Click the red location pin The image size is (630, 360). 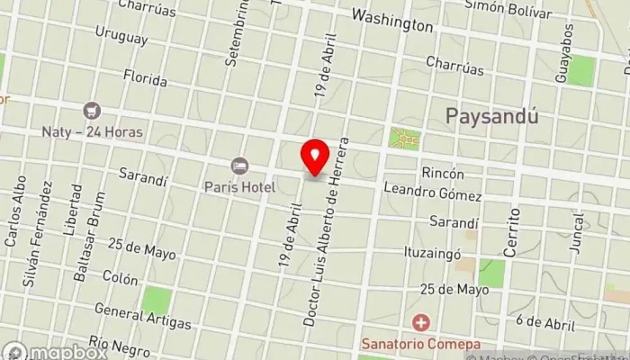[314, 157]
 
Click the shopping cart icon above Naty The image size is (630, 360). [91, 112]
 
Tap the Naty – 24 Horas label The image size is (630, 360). [92, 131]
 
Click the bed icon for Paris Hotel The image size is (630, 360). [239, 166]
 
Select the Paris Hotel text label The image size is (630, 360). [239, 185]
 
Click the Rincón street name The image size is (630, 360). [442, 173]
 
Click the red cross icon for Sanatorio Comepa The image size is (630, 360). [420, 322]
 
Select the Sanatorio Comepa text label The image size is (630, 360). [420, 343]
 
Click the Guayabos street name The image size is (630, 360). [564, 53]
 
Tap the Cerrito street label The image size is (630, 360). [512, 232]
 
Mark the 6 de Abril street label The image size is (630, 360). [546, 322]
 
